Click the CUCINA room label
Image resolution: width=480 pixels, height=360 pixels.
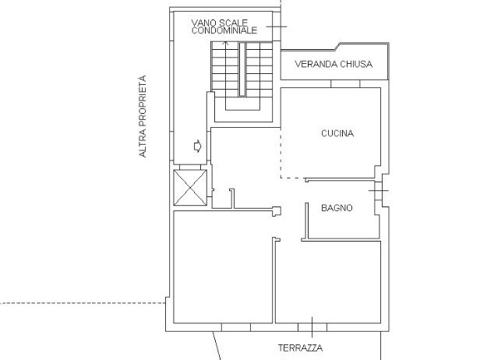tap(337, 133)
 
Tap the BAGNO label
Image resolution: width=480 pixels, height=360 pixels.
tap(337, 208)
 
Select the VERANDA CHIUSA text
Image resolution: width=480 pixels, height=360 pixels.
tap(334, 65)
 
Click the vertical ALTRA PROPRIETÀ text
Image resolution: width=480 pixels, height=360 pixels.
tap(143, 117)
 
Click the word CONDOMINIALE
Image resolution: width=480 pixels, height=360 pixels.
tap(224, 30)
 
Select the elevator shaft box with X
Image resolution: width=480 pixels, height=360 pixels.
tap(189, 189)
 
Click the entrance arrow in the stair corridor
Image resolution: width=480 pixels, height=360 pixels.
tap(197, 145)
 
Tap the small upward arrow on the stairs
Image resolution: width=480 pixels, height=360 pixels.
tap(227, 44)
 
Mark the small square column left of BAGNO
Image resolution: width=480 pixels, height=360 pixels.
tap(276, 209)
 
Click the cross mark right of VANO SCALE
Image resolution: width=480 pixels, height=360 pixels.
tap(275, 27)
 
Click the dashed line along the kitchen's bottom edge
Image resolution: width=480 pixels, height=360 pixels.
tap(292, 178)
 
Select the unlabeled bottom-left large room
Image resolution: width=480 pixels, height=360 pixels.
tap(221, 269)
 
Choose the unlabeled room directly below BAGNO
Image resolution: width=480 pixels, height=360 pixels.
tap(328, 281)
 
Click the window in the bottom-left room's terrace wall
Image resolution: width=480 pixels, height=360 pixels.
tap(234, 323)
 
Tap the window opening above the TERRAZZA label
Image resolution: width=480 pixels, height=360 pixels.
tap(310, 323)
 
